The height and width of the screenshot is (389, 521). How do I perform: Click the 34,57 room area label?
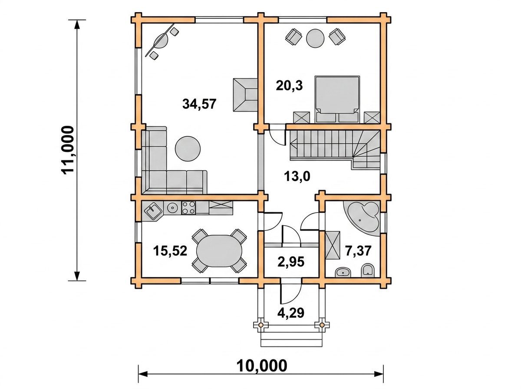pos(199,104)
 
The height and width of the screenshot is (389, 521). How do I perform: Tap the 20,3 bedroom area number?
pos(289,86)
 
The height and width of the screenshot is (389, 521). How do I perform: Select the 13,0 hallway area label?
pos(297,176)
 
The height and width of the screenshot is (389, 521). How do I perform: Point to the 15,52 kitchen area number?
pos(170,251)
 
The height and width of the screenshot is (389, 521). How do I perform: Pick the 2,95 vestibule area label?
pos(291,262)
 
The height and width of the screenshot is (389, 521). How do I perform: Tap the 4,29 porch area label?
pos(291,313)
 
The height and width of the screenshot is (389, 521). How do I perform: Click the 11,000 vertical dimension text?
pos(68,150)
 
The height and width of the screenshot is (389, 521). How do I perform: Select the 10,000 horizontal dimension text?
pos(262,366)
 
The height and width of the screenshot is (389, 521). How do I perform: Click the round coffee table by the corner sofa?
pos(188,148)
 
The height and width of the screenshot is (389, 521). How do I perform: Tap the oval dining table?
pos(219,251)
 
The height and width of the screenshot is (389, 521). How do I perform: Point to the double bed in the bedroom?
pos(337,99)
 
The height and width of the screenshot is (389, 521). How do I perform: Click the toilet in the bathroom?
pos(367,271)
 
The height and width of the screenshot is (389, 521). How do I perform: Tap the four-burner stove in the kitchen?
pos(189,208)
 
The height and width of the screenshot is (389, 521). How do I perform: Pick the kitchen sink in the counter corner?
pos(152,211)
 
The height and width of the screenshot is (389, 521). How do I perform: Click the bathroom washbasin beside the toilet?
pos(343,272)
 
